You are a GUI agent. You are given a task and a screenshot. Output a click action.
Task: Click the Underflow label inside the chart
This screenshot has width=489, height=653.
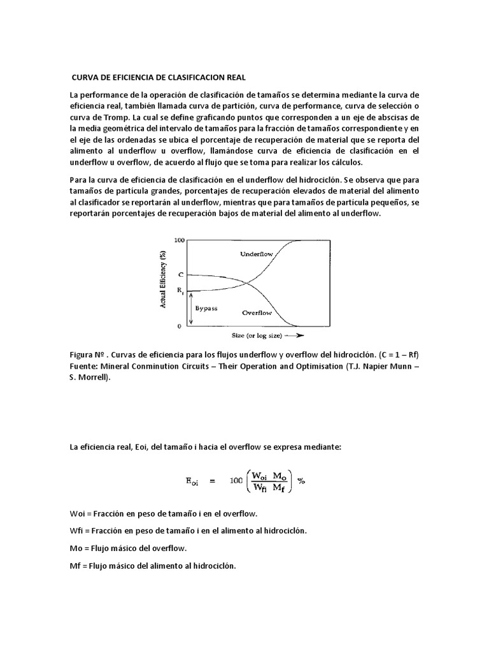[x=256, y=254]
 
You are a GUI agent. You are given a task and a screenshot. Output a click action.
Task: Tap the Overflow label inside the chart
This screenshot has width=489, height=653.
[x=257, y=312]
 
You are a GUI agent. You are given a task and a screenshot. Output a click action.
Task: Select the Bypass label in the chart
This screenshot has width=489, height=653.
[x=206, y=308]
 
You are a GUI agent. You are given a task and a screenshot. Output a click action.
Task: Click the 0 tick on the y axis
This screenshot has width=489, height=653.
[x=180, y=326]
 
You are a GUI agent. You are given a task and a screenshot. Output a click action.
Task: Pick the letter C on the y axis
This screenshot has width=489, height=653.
[x=181, y=274]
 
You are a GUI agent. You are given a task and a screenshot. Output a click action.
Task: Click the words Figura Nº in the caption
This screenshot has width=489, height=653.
[x=87, y=355]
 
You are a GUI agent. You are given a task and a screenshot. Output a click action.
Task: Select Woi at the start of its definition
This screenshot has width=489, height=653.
[x=77, y=513]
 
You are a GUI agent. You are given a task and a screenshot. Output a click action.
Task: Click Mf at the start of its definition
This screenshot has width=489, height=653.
[x=76, y=565]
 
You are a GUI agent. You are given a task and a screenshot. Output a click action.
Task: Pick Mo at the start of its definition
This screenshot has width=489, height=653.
[x=76, y=548]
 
